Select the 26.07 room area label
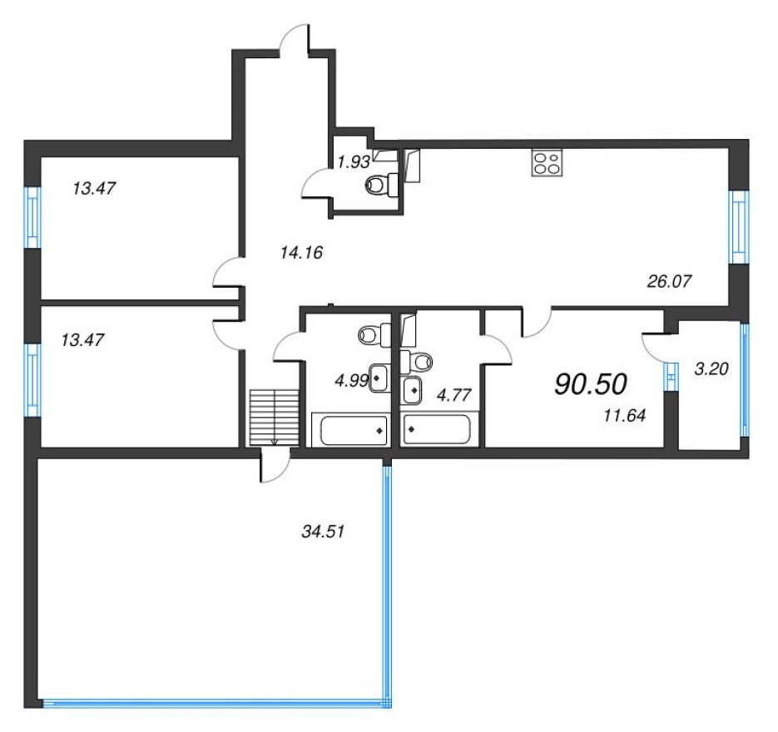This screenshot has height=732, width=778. click(x=669, y=281)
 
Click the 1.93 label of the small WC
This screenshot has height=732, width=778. click(x=353, y=161)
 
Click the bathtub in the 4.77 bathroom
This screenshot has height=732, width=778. click(x=436, y=431)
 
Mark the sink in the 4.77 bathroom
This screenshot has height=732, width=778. click(x=412, y=387)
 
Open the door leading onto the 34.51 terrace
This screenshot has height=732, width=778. click(x=275, y=466)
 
